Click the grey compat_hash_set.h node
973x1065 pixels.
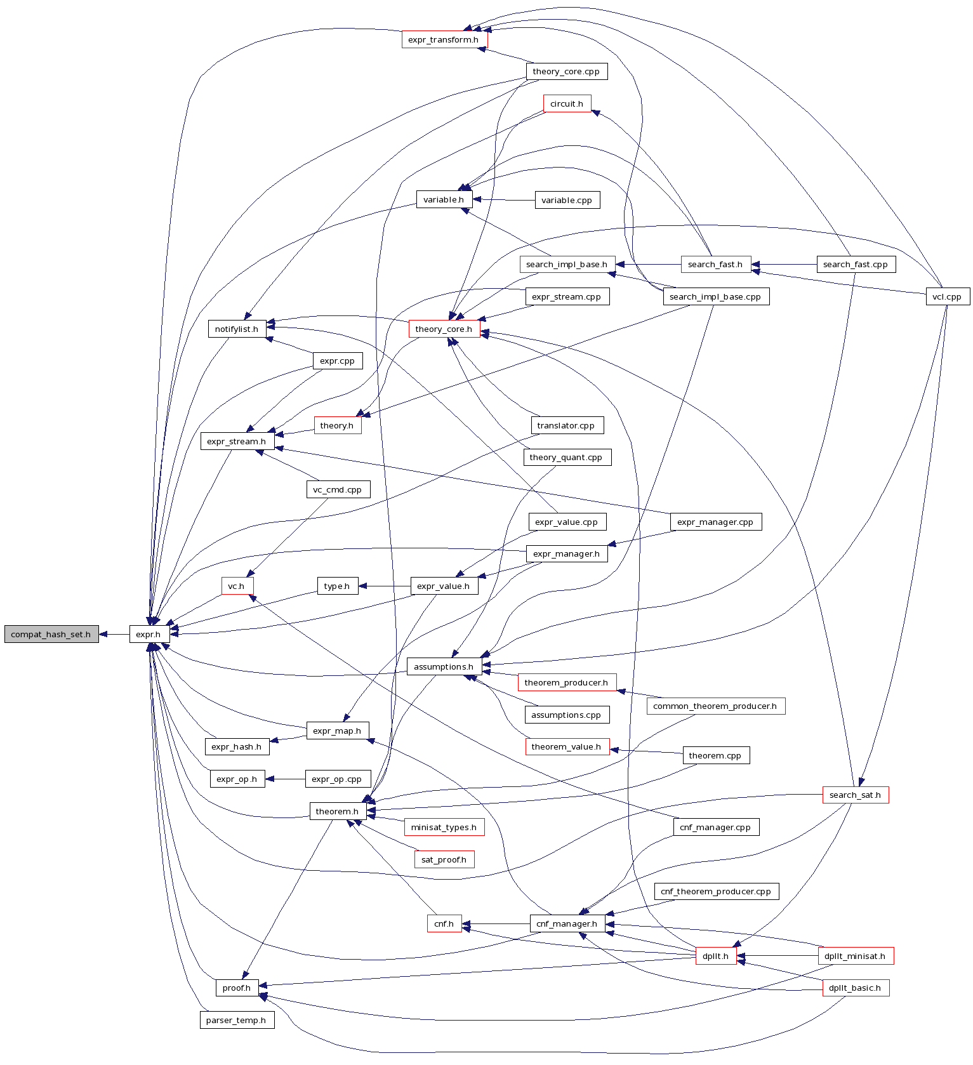(x=51, y=634)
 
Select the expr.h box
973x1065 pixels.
(x=149, y=634)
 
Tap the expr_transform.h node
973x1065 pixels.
(x=444, y=39)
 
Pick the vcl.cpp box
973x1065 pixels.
(x=948, y=296)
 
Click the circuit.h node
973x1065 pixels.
(x=567, y=103)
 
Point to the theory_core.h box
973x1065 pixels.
(x=444, y=329)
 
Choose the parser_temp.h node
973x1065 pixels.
(x=237, y=1021)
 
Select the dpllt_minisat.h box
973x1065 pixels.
(x=856, y=956)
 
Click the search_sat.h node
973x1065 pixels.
(x=856, y=795)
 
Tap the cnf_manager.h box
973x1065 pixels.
(x=567, y=923)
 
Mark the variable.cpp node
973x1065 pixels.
(x=567, y=200)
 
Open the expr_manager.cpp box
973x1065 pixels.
(x=715, y=522)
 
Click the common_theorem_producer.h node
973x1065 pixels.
(x=715, y=706)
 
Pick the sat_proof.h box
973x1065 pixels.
(x=444, y=859)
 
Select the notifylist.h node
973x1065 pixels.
(x=237, y=329)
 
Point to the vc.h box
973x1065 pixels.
(x=237, y=586)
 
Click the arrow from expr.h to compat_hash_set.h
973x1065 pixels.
(x=114, y=634)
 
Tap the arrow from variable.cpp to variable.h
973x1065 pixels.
(x=504, y=200)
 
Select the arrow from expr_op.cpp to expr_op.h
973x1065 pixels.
(x=286, y=779)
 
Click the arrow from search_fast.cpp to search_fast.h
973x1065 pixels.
(x=784, y=264)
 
